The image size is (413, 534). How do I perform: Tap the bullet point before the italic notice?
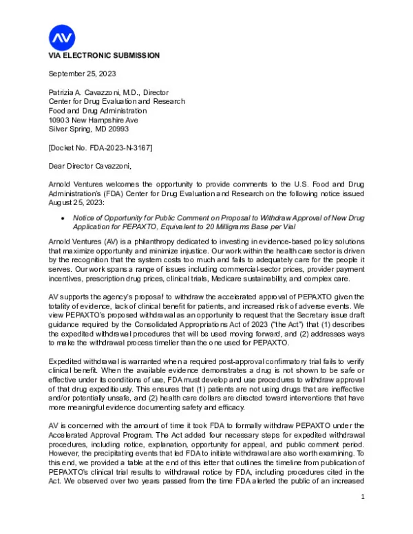[63, 217]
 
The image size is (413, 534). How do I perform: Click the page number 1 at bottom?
[362, 515]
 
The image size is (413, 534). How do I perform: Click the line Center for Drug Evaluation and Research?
[116, 101]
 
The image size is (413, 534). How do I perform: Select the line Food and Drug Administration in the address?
[97, 111]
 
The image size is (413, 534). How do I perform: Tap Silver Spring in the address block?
[70, 129]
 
